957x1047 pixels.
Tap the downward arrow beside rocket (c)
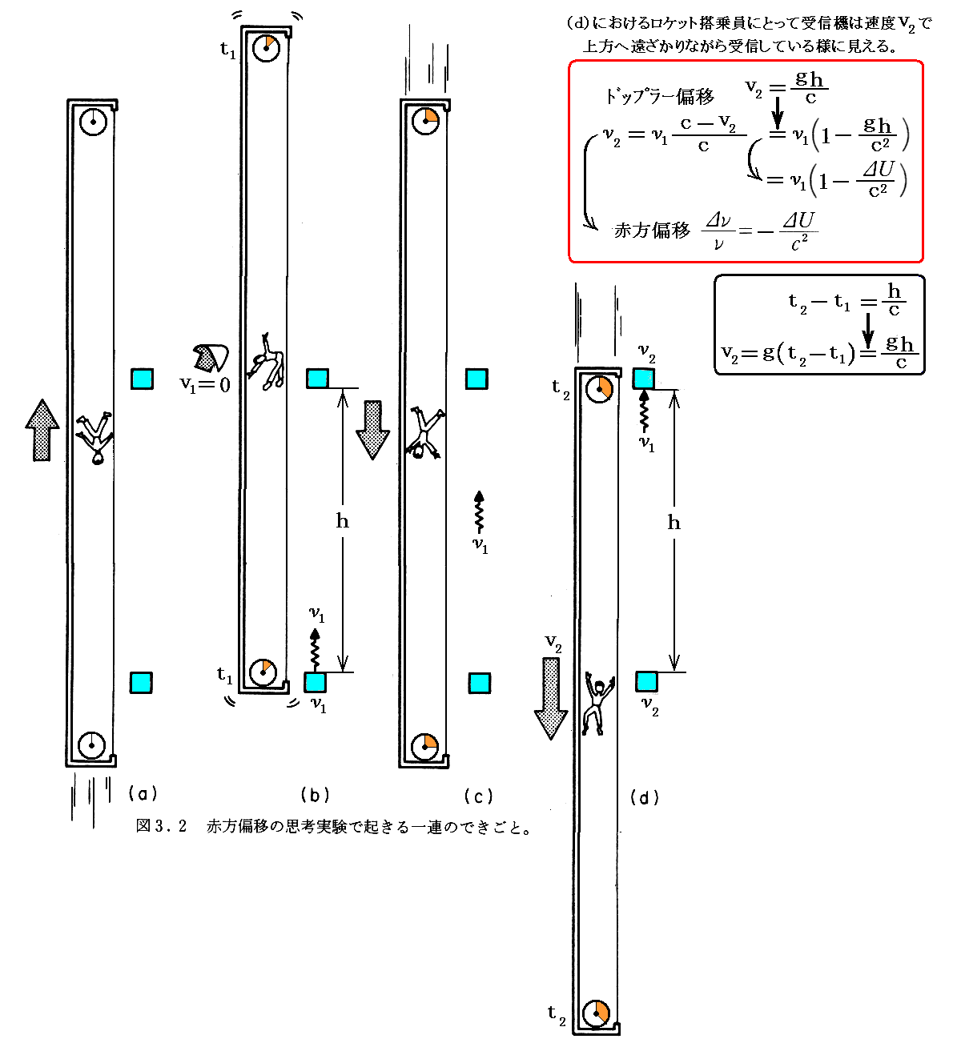click(x=372, y=430)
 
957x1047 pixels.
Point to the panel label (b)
click(x=315, y=795)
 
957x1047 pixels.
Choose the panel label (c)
click(x=478, y=796)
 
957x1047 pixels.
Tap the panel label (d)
click(x=645, y=797)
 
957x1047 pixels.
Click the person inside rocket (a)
click(x=95, y=438)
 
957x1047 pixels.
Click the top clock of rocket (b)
click(x=266, y=47)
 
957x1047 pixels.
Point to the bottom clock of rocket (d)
click(x=597, y=1013)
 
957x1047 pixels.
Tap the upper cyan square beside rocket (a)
click(x=143, y=379)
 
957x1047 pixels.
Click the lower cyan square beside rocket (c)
click(x=479, y=683)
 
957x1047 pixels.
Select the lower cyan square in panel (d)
click(x=646, y=682)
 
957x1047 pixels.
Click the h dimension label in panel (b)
click(x=343, y=522)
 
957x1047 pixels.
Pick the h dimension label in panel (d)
click(x=674, y=523)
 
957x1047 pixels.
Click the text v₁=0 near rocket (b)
click(x=204, y=385)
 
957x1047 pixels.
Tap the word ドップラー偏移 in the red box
click(x=659, y=97)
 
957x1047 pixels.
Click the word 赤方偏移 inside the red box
click(x=651, y=231)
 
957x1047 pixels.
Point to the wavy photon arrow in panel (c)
click(x=479, y=512)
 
